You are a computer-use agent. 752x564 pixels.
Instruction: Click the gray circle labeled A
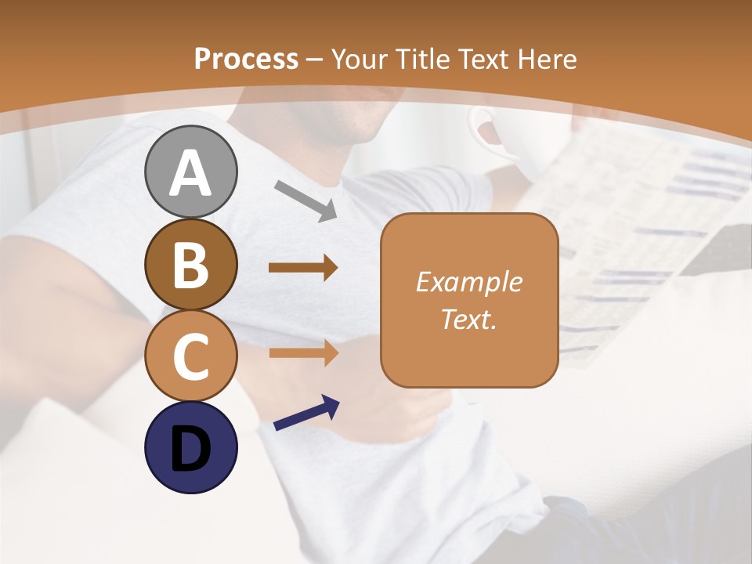point(190,172)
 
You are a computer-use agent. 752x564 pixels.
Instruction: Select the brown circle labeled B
point(190,264)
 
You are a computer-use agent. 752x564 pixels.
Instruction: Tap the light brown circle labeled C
point(190,356)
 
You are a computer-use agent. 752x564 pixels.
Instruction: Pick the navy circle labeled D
point(190,447)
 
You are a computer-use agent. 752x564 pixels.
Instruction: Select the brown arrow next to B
point(303,268)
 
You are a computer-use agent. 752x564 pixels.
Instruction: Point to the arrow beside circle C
point(303,352)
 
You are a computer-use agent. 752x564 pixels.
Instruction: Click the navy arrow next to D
point(306,414)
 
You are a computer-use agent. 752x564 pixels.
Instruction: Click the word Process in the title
point(246,59)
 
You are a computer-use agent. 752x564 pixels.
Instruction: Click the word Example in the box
point(468,282)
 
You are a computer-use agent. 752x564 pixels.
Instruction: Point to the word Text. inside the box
point(468,319)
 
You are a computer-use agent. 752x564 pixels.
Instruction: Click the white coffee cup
point(501,141)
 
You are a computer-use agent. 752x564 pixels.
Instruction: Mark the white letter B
point(190,265)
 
